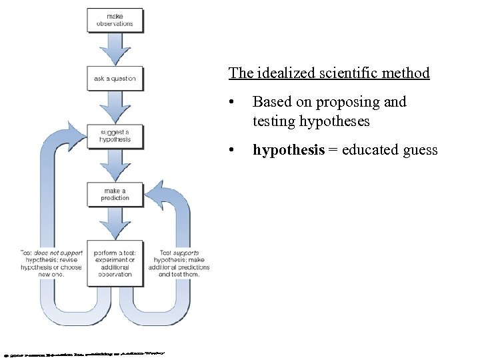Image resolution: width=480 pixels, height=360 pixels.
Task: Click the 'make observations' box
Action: pyautogui.click(x=115, y=20)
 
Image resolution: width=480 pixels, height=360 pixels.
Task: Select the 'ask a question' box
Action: pyautogui.click(x=115, y=79)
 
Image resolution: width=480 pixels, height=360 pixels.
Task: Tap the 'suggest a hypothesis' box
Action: pyautogui.click(x=115, y=137)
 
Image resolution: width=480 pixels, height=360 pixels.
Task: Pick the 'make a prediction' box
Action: pyautogui.click(x=115, y=194)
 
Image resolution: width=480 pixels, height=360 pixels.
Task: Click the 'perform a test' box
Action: pyautogui.click(x=115, y=263)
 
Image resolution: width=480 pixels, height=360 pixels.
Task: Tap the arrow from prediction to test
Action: pyautogui.click(x=115, y=223)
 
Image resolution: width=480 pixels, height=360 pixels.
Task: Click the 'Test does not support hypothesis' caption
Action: pyautogui.click(x=51, y=263)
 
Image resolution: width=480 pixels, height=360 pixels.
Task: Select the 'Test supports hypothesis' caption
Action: pyautogui.click(x=181, y=263)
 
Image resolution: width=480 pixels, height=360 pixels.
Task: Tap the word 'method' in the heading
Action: pyautogui.click(x=406, y=73)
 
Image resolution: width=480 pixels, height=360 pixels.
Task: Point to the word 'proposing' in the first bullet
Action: pyautogui.click(x=348, y=102)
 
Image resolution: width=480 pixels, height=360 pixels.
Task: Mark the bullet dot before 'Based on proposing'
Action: pyautogui.click(x=230, y=103)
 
